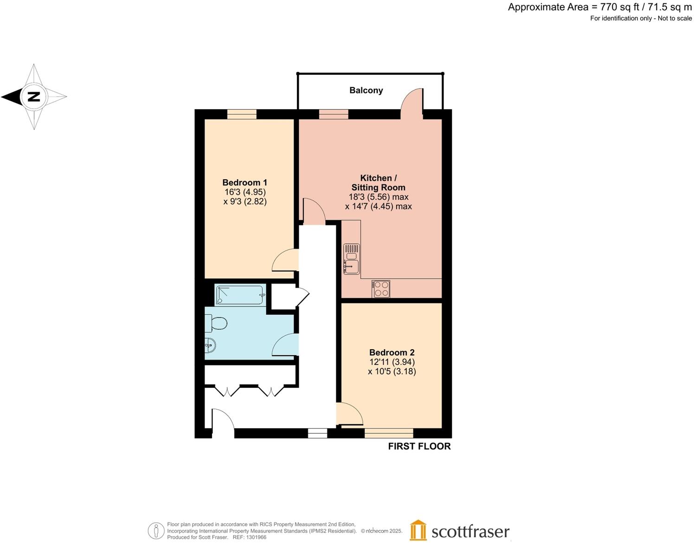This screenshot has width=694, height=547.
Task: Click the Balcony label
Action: tap(366, 90)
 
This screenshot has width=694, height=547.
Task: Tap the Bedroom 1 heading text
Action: tap(244, 182)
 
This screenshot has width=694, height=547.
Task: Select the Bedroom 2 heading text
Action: tap(392, 352)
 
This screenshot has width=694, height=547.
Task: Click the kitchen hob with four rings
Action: tap(381, 288)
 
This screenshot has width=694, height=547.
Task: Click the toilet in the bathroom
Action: tap(216, 323)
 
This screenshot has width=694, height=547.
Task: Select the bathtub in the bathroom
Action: tap(240, 295)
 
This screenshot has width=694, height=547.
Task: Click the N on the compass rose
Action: tap(34, 97)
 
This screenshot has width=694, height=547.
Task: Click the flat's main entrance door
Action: tap(223, 422)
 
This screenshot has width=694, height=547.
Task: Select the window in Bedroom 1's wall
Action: tap(242, 114)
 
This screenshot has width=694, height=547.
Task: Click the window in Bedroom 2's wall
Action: tap(389, 433)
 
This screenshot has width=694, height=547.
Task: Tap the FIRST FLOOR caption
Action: tap(419, 446)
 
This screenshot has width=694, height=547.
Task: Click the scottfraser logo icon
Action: tap(418, 530)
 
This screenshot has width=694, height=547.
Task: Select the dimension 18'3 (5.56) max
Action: tap(378, 197)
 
